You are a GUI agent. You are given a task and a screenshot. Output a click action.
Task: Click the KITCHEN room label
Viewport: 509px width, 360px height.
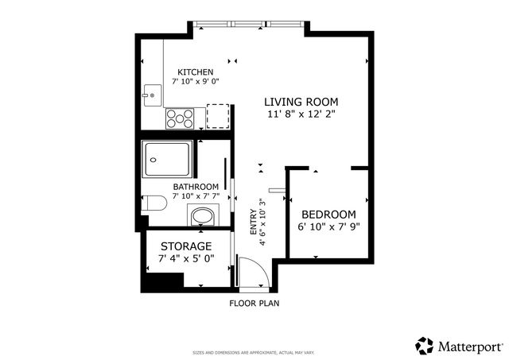coord(196,72)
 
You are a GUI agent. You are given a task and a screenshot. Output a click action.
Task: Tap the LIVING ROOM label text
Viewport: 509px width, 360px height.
coord(301,102)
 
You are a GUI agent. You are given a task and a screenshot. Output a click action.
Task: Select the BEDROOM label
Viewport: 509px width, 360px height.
coord(328,215)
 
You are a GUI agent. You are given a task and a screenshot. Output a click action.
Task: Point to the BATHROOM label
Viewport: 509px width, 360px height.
coord(196,187)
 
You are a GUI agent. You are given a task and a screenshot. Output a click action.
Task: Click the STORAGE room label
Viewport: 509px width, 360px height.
coord(186,246)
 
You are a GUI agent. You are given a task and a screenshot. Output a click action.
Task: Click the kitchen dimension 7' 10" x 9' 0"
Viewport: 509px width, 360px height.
coord(196,81)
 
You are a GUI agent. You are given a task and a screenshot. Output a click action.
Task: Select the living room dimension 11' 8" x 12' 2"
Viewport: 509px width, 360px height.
coord(301,114)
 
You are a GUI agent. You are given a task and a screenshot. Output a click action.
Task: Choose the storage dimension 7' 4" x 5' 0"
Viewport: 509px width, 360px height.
coord(186,259)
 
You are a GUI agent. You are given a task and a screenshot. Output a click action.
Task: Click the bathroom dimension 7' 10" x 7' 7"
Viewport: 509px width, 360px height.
coord(196,196)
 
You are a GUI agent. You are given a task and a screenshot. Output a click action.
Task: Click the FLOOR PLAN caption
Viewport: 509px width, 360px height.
coord(254,303)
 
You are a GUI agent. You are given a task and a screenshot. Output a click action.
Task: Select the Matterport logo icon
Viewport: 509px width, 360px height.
coord(425,346)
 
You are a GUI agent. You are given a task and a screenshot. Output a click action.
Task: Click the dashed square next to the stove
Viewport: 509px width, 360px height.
coord(218,116)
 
